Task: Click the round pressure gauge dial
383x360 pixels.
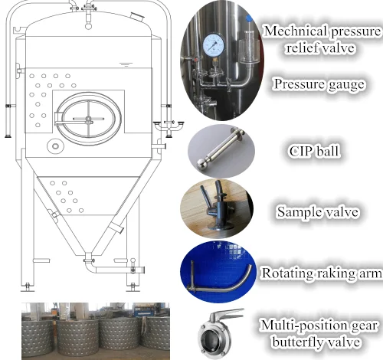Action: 214,45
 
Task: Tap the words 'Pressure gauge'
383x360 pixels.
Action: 319,84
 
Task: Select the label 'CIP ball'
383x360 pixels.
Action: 314,151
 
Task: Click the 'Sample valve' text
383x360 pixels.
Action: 318,211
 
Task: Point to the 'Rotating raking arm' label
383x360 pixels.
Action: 322,273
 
